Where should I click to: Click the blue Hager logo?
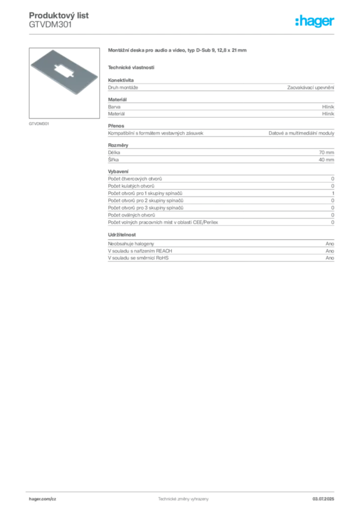coord(315,22)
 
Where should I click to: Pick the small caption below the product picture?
coord(39,123)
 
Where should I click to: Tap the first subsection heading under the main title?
coord(131,67)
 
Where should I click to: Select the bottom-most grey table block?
coord(220,252)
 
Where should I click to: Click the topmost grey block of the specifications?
coord(220,88)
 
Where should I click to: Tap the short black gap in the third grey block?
coord(236,133)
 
